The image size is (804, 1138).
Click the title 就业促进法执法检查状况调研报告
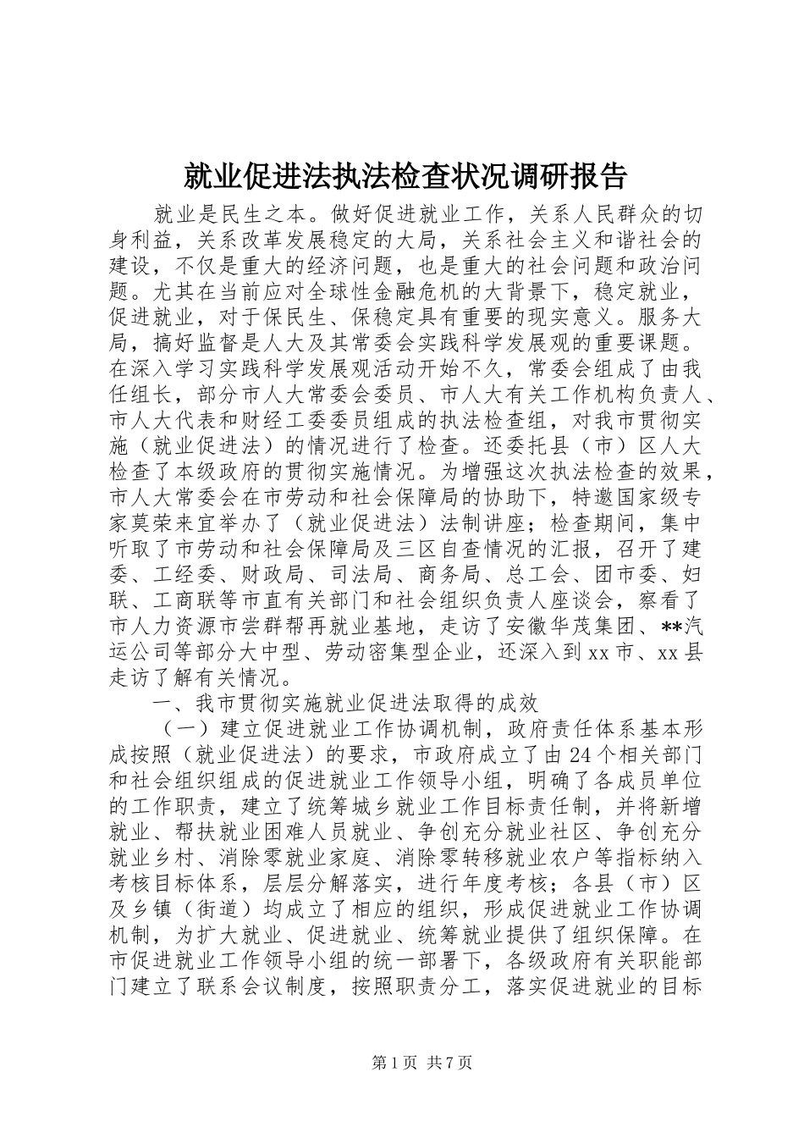(405, 176)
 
